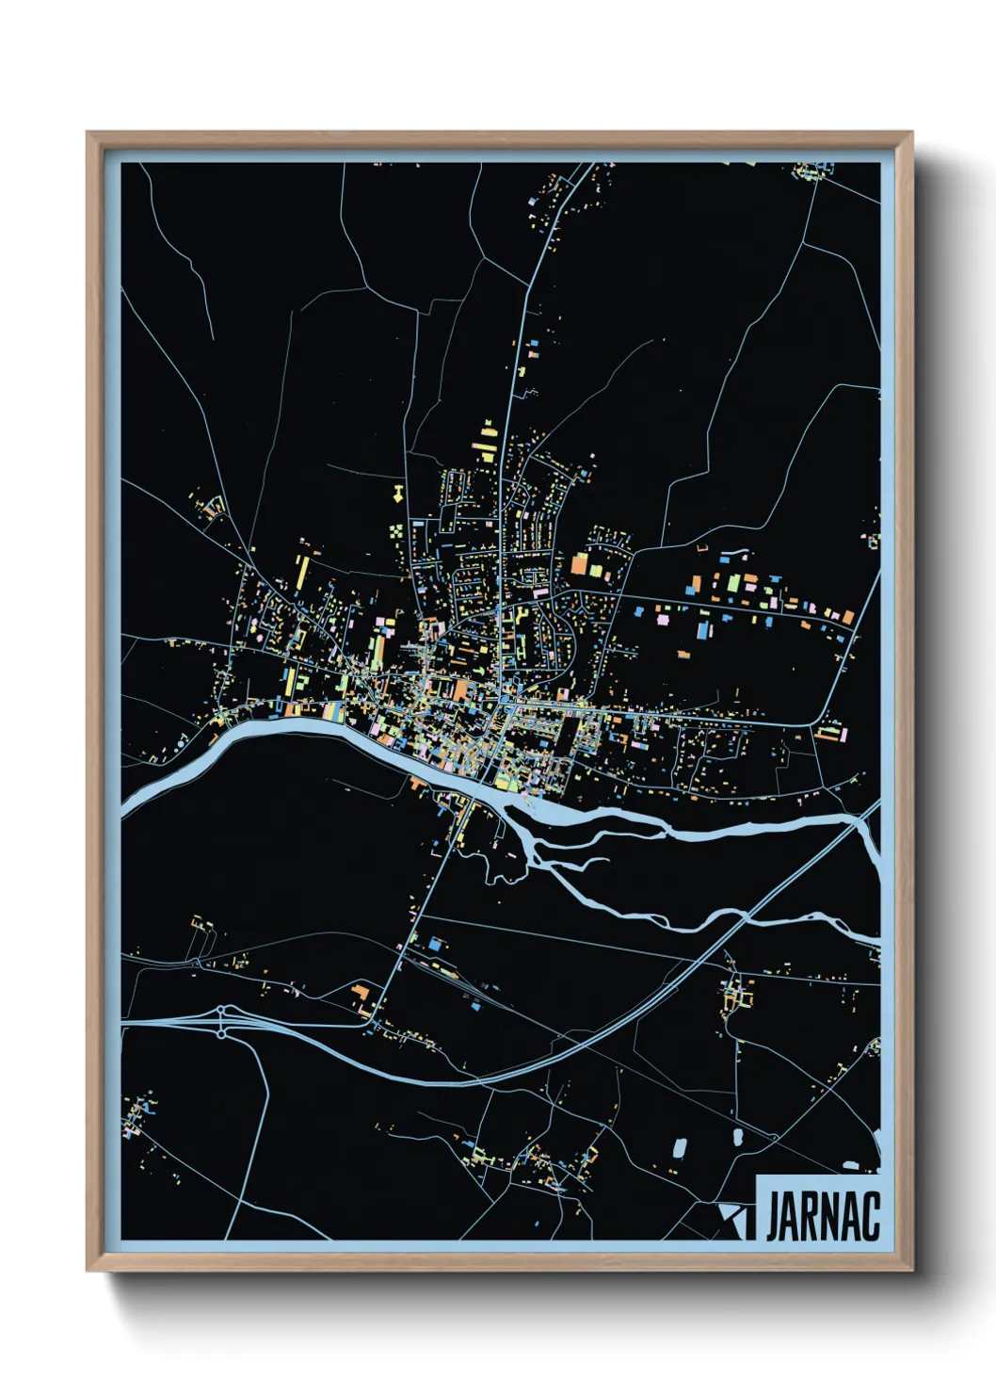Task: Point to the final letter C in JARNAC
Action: click(872, 1217)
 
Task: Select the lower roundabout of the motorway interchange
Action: click(221, 1034)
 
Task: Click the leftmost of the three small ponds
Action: click(679, 1148)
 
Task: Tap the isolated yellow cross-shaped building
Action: click(399, 491)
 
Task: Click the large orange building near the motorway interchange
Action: click(361, 993)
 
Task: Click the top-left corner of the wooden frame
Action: click(88, 133)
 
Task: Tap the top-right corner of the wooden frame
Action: click(912, 133)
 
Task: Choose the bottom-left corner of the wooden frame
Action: click(88, 1271)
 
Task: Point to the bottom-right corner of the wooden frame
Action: click(912, 1271)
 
